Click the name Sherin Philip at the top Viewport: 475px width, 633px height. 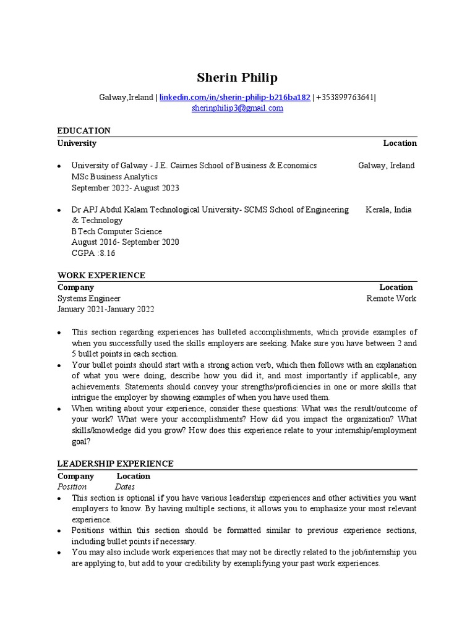point(237,77)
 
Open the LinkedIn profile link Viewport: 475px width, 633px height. point(235,97)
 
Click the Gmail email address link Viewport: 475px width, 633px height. point(237,108)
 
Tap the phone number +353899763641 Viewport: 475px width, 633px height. point(344,97)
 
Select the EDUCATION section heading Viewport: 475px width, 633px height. point(84,130)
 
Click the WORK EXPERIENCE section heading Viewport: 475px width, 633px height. point(101,275)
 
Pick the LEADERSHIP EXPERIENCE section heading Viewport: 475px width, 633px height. point(116,464)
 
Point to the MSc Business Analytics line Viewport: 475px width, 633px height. point(114,177)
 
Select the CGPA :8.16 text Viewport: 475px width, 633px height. point(93,253)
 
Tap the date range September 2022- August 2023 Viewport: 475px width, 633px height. point(126,188)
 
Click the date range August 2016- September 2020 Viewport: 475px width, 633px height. point(126,242)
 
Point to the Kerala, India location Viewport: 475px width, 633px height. point(388,210)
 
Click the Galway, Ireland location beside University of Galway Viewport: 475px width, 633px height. point(387,166)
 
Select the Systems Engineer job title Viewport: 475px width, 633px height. point(89,298)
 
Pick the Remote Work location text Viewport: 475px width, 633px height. point(391,298)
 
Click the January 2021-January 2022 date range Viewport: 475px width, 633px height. point(106,309)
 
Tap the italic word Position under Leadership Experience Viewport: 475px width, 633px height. point(72,486)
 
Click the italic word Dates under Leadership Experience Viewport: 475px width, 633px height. point(125,486)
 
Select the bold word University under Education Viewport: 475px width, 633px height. point(77,143)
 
